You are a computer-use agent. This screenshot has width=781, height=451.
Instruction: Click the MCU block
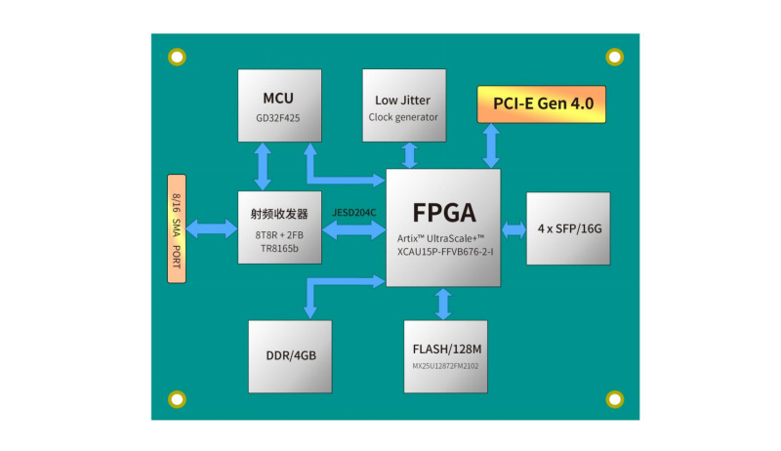(x=278, y=105)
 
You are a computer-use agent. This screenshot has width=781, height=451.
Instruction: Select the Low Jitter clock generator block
(x=403, y=107)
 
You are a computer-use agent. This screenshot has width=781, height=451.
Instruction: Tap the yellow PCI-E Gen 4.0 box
(x=541, y=102)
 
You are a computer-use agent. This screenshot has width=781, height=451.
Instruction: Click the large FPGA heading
(x=443, y=213)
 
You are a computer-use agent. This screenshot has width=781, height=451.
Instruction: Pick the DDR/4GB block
(x=289, y=355)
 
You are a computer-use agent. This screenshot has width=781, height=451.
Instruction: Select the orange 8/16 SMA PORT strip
(x=177, y=229)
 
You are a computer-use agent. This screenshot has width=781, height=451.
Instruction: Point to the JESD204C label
(x=354, y=212)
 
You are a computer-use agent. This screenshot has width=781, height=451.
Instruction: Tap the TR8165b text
(x=279, y=249)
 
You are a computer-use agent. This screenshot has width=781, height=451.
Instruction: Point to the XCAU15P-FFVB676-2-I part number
(x=444, y=252)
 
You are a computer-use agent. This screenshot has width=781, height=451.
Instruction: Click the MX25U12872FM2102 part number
(x=444, y=366)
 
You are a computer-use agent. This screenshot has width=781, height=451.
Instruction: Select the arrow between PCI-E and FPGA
(x=490, y=145)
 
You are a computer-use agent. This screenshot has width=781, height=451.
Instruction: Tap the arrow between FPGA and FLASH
(x=444, y=304)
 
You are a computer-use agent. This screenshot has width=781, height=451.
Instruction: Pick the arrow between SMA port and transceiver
(x=212, y=229)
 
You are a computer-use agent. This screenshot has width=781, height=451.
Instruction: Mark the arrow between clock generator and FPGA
(x=410, y=154)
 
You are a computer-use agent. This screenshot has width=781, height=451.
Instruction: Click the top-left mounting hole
(x=177, y=58)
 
